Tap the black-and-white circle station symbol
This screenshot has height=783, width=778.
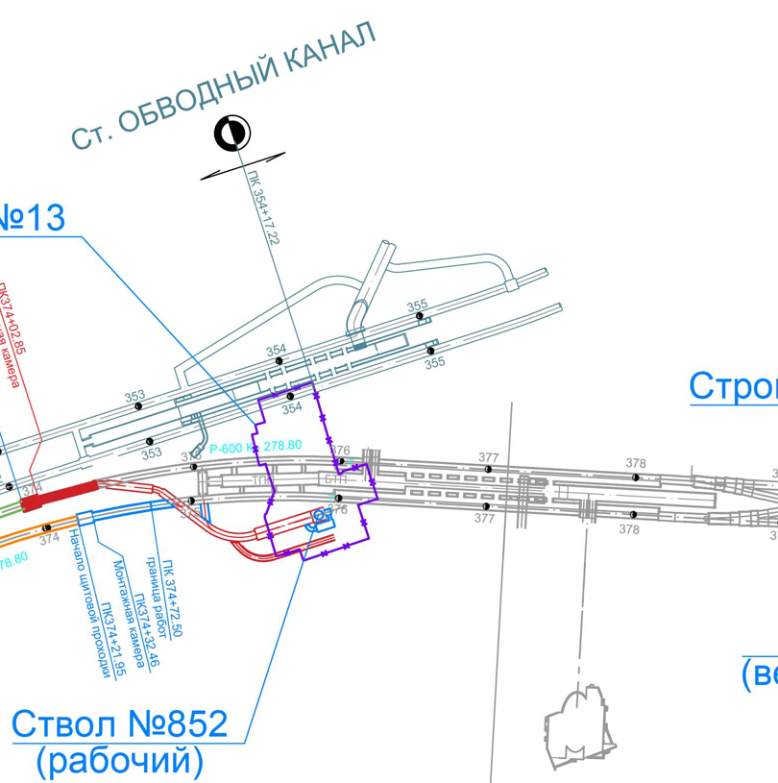pyautogui.click(x=232, y=134)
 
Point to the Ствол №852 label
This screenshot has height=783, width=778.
pyautogui.click(x=120, y=723)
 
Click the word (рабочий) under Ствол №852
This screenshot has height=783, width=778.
pyautogui.click(x=120, y=761)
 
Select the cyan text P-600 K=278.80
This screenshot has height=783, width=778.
pyautogui.click(x=255, y=447)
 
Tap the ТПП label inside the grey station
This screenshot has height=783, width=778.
pyautogui.click(x=261, y=479)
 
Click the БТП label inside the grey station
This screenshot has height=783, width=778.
pyautogui.click(x=335, y=479)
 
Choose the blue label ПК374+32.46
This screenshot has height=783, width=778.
pyautogui.click(x=146, y=630)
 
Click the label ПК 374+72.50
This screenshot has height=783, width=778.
pyautogui.click(x=172, y=598)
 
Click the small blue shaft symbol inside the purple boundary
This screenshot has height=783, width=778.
pyautogui.click(x=319, y=519)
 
